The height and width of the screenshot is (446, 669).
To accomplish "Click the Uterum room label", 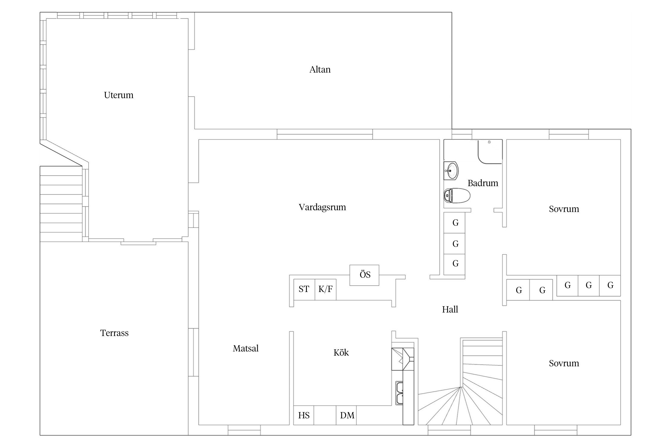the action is coord(119,95).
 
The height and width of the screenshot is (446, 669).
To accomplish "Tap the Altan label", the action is coord(320,70).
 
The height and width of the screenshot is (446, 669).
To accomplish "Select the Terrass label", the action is coord(114,333).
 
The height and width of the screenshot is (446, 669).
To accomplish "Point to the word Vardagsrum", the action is coord(322,207).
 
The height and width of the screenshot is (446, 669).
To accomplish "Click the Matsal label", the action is coord(246,348).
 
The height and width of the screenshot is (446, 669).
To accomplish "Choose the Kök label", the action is coord(341,352).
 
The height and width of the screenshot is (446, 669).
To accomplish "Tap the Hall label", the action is coord(450,310).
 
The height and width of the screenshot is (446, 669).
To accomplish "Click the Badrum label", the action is coord(483,183).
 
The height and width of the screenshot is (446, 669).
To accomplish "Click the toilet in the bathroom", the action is coord(457,195).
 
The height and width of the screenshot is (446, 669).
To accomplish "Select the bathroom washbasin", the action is coord(451,171).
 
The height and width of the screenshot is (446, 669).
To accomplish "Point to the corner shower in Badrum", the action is coord(490,152).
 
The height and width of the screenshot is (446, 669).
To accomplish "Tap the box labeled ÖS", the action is coord(364,275).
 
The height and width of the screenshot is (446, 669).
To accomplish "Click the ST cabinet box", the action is coord(304,289).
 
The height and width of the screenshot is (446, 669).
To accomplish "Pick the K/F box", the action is coord(326,289).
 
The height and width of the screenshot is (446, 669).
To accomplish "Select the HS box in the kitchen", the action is coord(304,415).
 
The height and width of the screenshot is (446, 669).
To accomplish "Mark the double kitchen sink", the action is coord(399,393).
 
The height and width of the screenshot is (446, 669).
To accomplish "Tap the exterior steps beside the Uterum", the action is coord(61,204).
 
